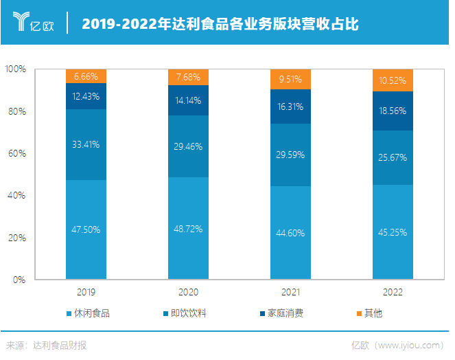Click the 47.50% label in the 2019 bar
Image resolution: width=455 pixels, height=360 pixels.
point(86,229)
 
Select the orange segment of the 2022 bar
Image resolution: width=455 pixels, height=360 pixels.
point(393,80)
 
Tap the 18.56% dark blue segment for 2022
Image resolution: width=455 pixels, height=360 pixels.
point(393,111)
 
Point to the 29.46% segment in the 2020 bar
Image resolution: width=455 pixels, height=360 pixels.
point(188,146)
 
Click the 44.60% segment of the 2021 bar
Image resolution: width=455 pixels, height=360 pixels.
point(290,233)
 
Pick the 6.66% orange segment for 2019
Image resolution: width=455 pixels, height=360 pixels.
point(86,76)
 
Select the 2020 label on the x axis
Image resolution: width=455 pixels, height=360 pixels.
point(188,292)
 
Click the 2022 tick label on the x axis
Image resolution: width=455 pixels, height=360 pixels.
point(393,292)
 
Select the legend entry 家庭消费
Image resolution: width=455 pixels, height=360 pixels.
point(281,313)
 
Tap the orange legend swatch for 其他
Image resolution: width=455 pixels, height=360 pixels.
point(358,314)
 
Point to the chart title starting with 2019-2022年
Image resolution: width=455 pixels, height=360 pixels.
point(220,24)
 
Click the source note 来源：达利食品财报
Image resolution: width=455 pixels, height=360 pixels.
point(47,345)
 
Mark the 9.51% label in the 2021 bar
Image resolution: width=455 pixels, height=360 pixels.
point(290,79)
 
